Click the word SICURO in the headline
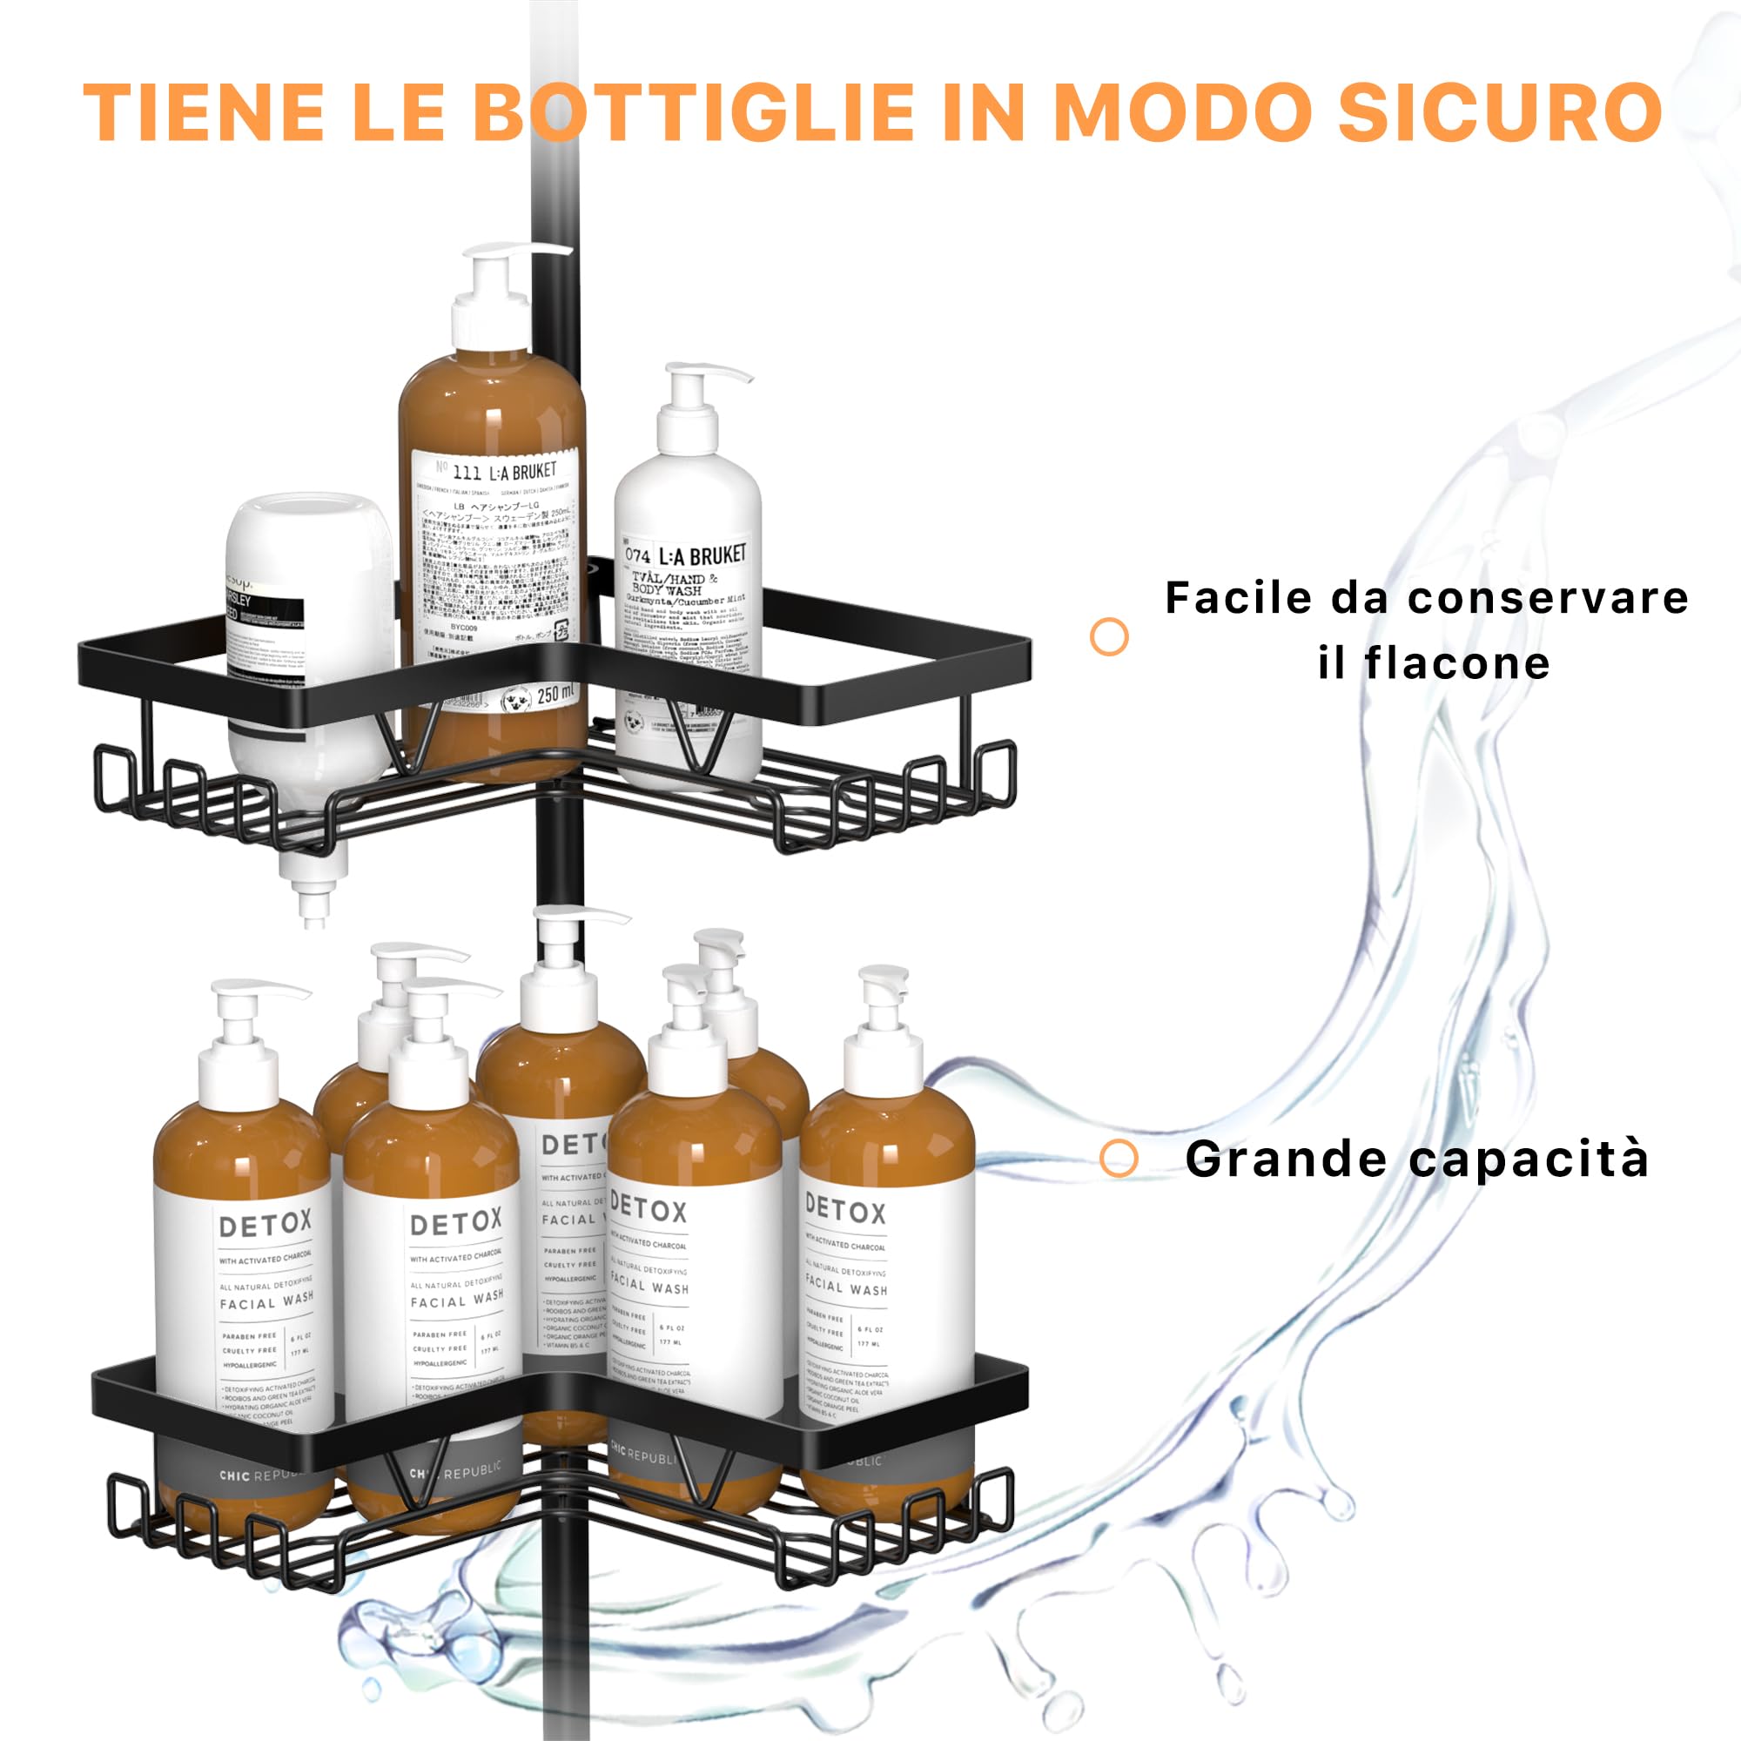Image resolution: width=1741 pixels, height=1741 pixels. (x=1500, y=111)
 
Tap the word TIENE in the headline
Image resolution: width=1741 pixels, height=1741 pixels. (x=204, y=111)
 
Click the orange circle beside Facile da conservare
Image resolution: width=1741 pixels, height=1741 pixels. (x=1109, y=637)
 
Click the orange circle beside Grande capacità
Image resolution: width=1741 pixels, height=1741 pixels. (x=1119, y=1158)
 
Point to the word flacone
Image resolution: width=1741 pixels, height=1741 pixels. (x=1457, y=664)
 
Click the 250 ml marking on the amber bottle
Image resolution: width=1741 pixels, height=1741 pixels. (x=555, y=694)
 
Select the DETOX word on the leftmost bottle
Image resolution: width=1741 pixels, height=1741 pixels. (x=266, y=1225)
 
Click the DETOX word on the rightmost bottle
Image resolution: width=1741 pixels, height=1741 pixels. (x=845, y=1209)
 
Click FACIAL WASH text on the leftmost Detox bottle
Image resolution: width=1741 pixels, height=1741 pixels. (x=266, y=1302)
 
